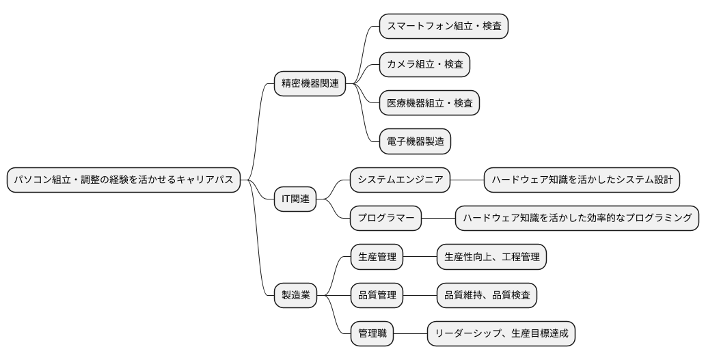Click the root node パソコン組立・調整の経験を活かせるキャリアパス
point(124,180)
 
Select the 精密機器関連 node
point(309,84)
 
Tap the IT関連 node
point(295,199)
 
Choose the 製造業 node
point(295,296)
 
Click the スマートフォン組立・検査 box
point(444,27)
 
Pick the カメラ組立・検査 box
point(424,65)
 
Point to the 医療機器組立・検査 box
point(429,103)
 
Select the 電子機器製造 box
point(415,141)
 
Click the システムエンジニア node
point(400,180)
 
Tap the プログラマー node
point(385,219)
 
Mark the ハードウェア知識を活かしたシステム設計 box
point(582,180)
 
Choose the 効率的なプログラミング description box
point(577,219)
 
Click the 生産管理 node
point(376,258)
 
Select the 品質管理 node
point(376,296)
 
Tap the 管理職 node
point(372,334)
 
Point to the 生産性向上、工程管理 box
point(491,258)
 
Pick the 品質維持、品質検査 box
point(487,296)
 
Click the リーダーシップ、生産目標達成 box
point(501,334)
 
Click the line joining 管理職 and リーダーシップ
point(411,334)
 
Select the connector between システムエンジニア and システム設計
point(467,180)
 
